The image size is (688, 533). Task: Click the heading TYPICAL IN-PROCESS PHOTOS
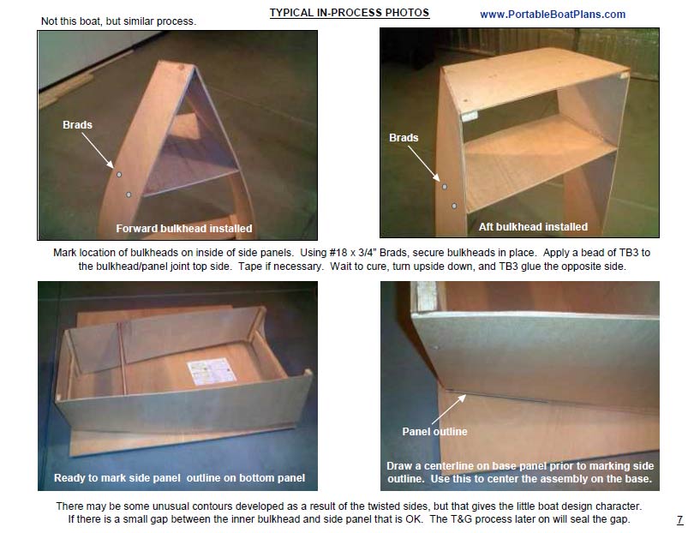[x=350, y=13]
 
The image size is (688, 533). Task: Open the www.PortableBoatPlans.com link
[x=553, y=15]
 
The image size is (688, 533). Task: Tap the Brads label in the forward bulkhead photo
[x=77, y=124]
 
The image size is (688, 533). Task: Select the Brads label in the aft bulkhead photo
[x=404, y=138]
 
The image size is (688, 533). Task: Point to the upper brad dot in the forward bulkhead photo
[x=119, y=175]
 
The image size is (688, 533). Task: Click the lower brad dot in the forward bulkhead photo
[x=129, y=195]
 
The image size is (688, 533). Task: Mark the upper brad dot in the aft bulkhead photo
[x=445, y=187]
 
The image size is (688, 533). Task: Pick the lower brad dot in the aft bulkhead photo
[x=454, y=206]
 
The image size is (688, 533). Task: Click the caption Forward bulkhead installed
[x=184, y=229]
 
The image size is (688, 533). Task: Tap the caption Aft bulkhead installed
[x=533, y=227]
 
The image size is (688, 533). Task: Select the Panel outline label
[x=434, y=432]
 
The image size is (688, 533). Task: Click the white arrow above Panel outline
[x=449, y=410]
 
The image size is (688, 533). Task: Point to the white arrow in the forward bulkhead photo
[x=98, y=150]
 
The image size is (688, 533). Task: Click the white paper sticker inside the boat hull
[x=212, y=371]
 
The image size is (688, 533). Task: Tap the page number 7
[x=679, y=520]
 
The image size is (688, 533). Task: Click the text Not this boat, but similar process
[x=118, y=21]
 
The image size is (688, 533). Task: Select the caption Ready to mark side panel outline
[x=179, y=477]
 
